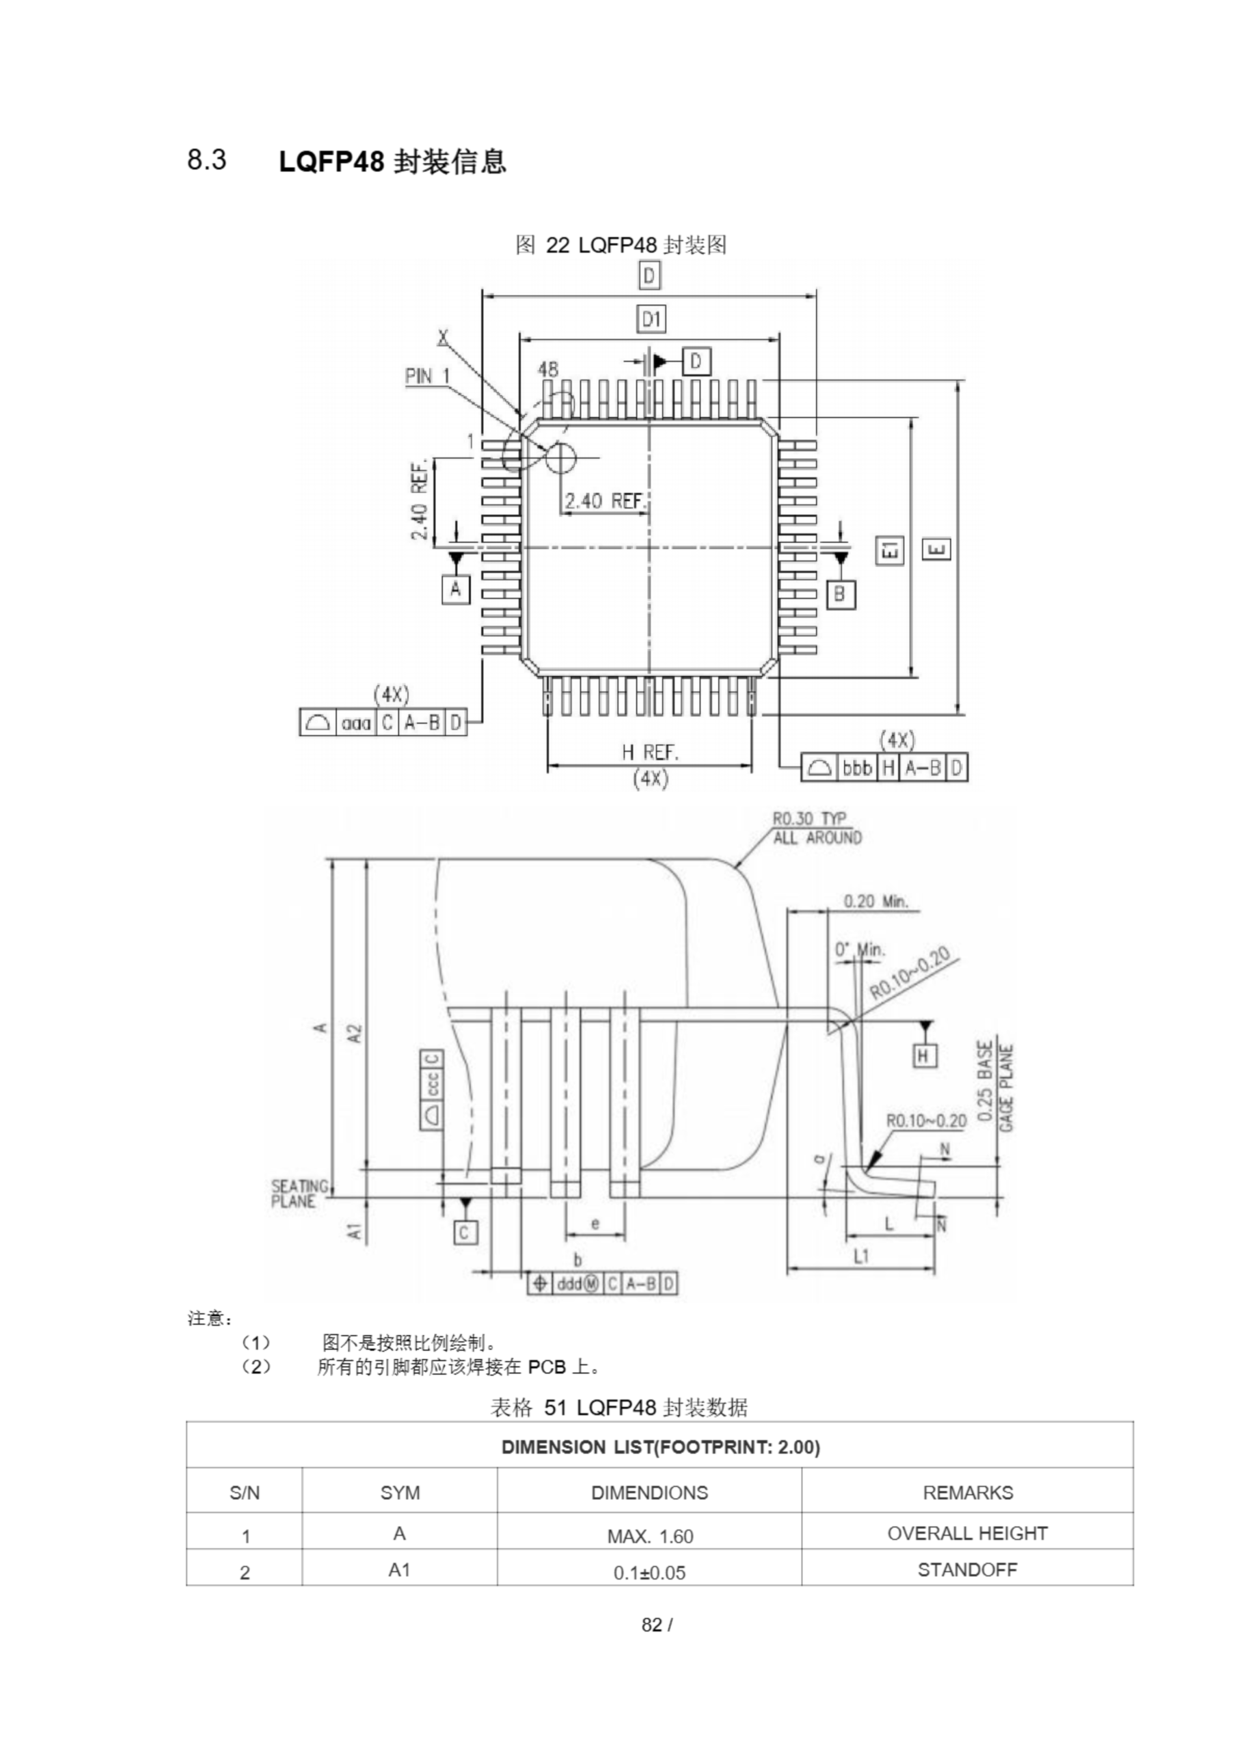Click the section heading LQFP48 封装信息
[x=392, y=161]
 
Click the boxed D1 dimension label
[x=650, y=319]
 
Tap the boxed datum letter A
[x=456, y=589]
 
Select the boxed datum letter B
[x=840, y=594]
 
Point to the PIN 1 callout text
[x=427, y=376]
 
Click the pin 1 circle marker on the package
[x=560, y=457]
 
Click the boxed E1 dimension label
[x=891, y=550]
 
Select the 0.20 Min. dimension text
[x=875, y=901]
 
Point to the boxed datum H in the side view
[x=924, y=1055]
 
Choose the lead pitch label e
[x=595, y=1224]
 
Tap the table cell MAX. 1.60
[x=649, y=1536]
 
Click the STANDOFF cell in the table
[x=966, y=1570]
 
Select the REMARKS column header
[x=967, y=1492]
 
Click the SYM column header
[x=399, y=1492]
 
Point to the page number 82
[x=652, y=1625]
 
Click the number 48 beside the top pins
[x=548, y=369]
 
